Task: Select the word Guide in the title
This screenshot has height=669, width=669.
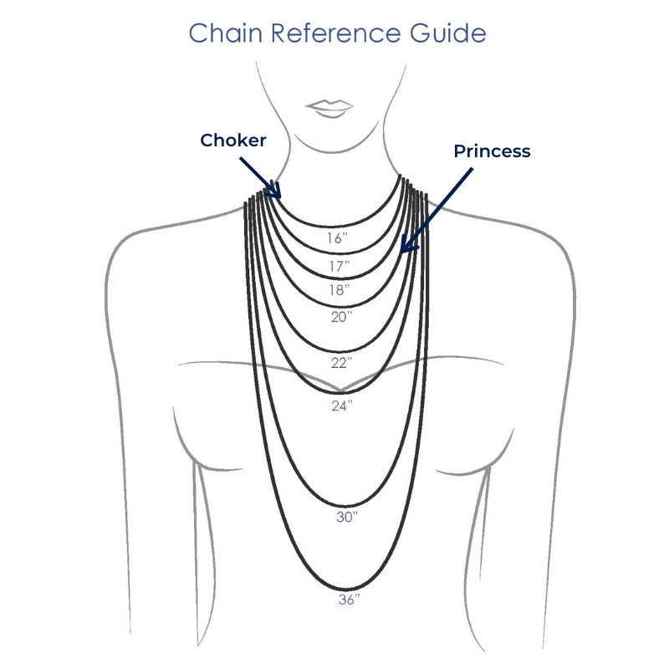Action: (447, 34)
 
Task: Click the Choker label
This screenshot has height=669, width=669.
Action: (233, 140)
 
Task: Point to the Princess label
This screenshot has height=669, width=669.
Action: (492, 151)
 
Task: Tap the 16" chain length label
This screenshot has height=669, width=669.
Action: (336, 238)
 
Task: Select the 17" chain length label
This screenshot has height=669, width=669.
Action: (338, 266)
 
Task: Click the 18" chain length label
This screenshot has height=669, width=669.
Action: (338, 291)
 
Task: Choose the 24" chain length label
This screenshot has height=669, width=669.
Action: (343, 406)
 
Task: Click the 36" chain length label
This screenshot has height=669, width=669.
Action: (347, 600)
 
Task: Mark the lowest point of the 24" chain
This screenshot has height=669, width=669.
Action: (340, 392)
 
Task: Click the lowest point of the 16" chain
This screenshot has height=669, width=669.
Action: (336, 225)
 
